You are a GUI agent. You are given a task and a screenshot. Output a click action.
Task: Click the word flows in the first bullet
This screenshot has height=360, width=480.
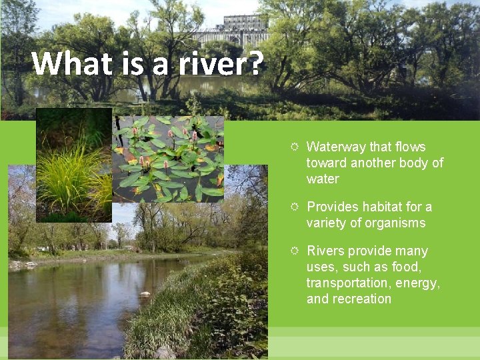point(410,147)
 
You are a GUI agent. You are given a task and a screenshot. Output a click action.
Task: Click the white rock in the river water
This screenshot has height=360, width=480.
point(144,293)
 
